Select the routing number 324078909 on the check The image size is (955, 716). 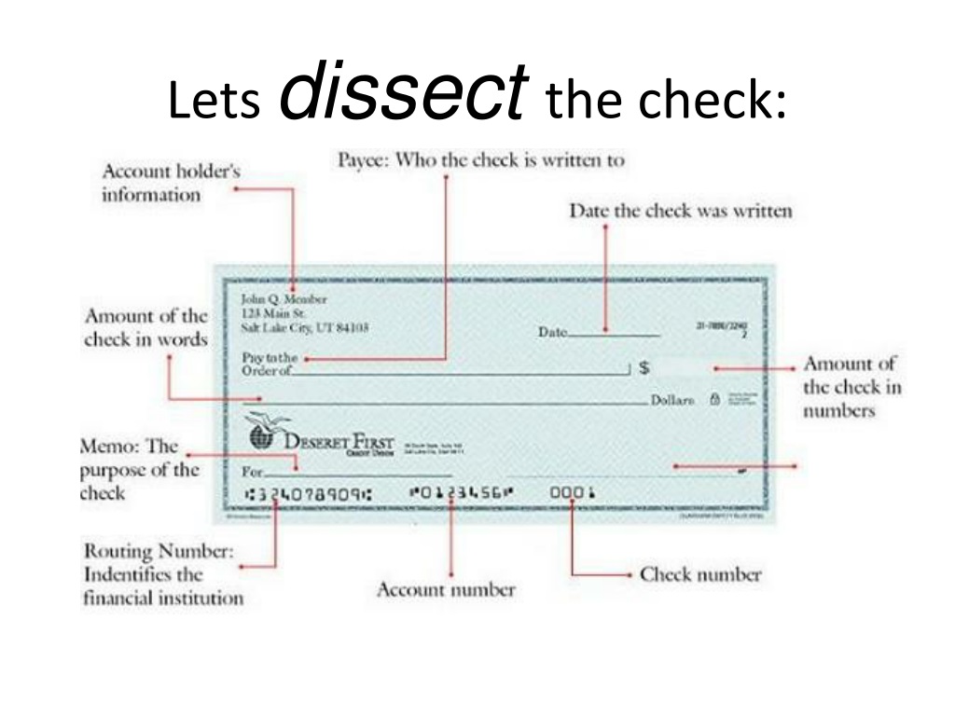306,494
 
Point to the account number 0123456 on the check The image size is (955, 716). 461,493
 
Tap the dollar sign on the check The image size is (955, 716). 644,368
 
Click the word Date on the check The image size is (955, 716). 553,332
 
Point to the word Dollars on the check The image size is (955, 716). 673,400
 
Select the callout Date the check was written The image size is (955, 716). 680,211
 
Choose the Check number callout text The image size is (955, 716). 699,574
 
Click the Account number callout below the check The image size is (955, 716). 445,589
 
